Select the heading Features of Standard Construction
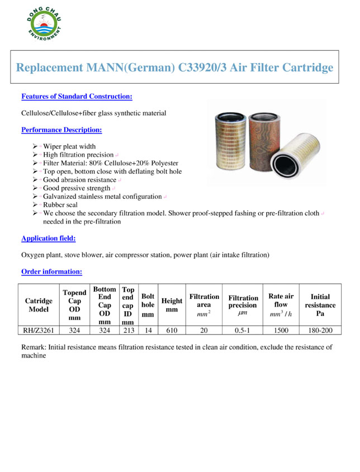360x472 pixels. (x=77, y=97)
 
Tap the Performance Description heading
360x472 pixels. (x=61, y=130)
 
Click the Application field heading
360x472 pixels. (x=49, y=239)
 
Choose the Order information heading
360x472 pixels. (x=51, y=272)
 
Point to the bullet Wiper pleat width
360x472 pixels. (x=69, y=146)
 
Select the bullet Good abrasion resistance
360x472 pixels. (x=79, y=180)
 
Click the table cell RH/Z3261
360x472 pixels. (x=39, y=330)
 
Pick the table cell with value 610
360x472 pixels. (x=172, y=330)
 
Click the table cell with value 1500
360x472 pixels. (x=281, y=330)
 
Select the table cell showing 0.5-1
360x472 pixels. (x=243, y=330)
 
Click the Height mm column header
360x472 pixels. (x=172, y=305)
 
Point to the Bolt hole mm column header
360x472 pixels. (x=148, y=305)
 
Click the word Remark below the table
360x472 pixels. (x=32, y=347)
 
